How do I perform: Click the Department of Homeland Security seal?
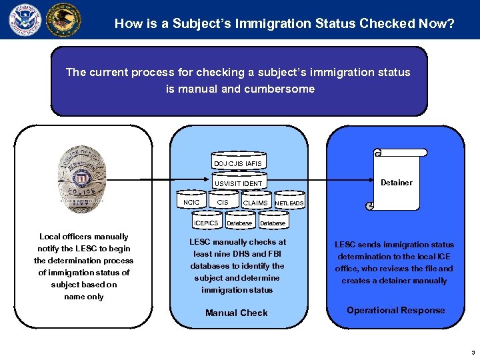point(25,19)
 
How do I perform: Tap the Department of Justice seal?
point(63,19)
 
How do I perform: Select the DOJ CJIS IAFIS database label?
point(238,163)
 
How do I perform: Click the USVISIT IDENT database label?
point(238,183)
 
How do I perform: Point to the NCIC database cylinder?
point(191,201)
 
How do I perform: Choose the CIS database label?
point(223,202)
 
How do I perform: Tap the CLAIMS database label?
point(255,203)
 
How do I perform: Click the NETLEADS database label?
point(289,203)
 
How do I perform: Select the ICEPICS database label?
point(205,223)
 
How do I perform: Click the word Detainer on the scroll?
point(396,183)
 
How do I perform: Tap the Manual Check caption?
point(237,313)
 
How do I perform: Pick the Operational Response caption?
point(395,310)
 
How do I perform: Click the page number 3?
point(471,353)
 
